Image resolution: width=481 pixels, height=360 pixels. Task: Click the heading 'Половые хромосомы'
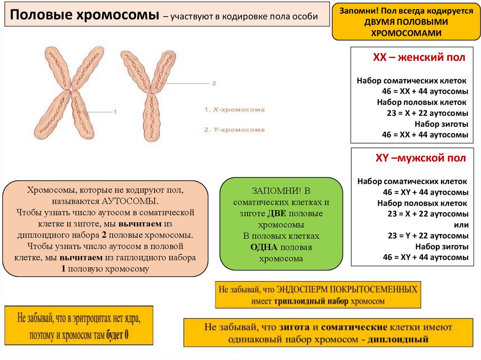click(85, 16)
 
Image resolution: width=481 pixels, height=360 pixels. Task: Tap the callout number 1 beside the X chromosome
click(114, 112)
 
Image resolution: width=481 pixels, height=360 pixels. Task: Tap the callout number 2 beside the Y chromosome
click(214, 83)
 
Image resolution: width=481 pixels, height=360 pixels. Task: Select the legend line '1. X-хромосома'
click(234, 109)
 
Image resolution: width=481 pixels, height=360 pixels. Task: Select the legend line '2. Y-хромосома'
click(234, 129)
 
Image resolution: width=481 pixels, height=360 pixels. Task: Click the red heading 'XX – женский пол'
click(419, 58)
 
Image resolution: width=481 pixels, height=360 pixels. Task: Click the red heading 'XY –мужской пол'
click(420, 158)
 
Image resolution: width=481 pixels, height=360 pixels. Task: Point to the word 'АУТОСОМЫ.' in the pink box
click(130, 201)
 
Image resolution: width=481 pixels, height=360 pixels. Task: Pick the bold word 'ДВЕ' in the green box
click(276, 213)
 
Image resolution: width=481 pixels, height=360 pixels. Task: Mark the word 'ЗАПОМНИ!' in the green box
click(271, 191)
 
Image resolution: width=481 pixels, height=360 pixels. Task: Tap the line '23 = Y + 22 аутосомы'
click(427, 236)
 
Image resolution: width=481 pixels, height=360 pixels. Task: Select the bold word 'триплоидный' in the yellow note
click(310, 301)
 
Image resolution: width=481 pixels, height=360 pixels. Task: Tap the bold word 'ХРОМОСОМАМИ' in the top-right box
click(407, 33)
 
